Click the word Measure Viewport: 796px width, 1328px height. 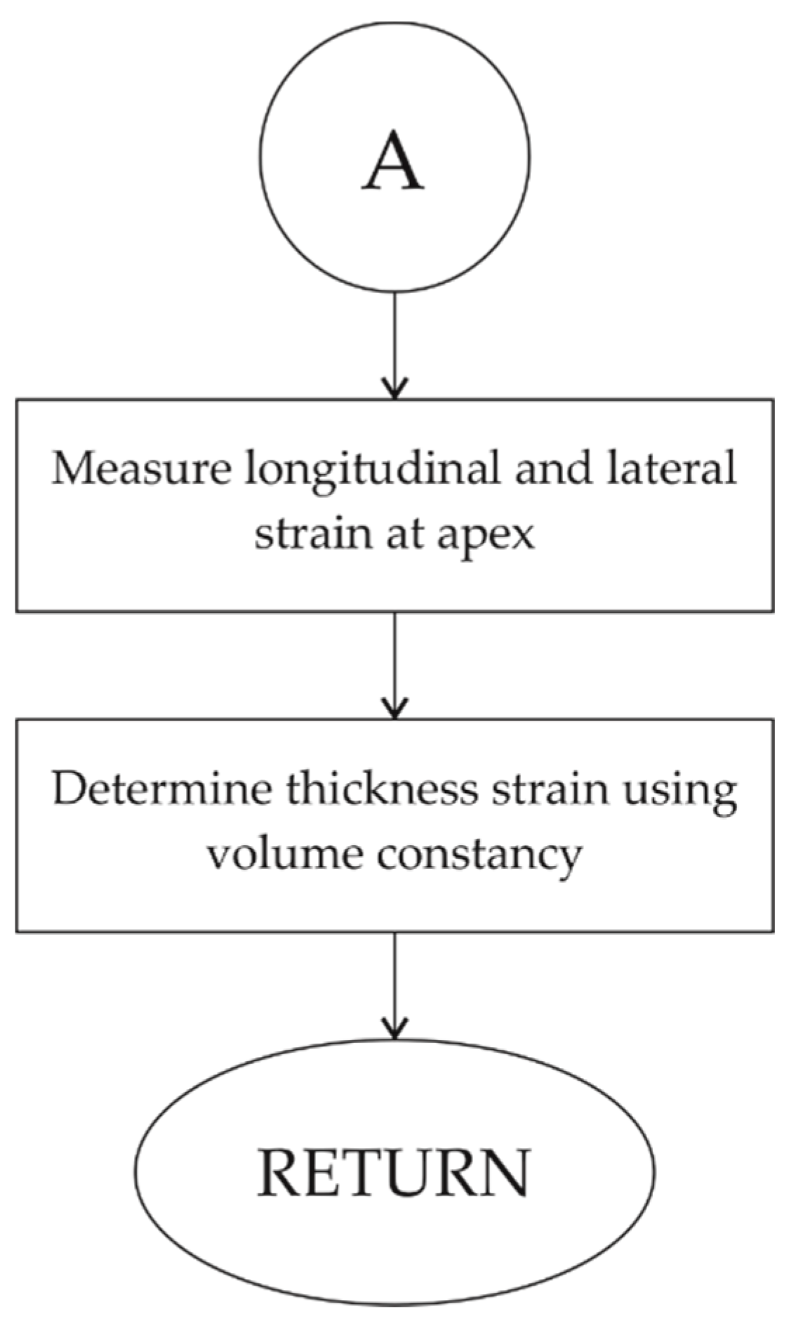pyautogui.click(x=141, y=468)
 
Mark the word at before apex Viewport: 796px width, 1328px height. pyautogui.click(x=404, y=536)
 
